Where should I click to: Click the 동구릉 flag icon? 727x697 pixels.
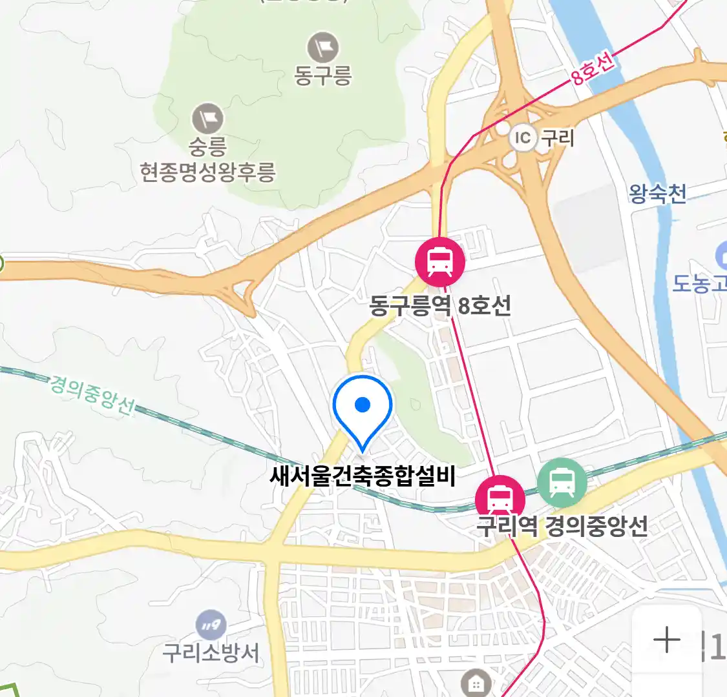coord(323,47)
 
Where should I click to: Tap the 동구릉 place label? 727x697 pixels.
coord(323,76)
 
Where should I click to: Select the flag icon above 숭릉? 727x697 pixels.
coord(207,119)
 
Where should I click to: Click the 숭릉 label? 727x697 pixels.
coord(207,146)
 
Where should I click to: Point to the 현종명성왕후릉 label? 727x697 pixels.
coord(208,172)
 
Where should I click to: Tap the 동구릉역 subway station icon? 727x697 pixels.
coord(440,262)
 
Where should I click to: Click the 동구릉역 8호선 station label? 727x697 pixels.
coord(440,305)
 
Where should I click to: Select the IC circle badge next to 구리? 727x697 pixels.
coord(522,137)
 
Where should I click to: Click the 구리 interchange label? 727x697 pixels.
coord(557,137)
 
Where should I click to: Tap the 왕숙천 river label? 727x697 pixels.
coord(657,194)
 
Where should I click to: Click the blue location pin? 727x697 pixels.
coord(363,409)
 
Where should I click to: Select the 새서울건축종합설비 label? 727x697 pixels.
coord(363,476)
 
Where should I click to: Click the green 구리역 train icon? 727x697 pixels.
coord(562,482)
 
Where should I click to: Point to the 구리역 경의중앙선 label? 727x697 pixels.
coord(562,526)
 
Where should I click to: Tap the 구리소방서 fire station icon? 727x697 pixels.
coord(211,625)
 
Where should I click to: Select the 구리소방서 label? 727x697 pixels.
coord(211,653)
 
